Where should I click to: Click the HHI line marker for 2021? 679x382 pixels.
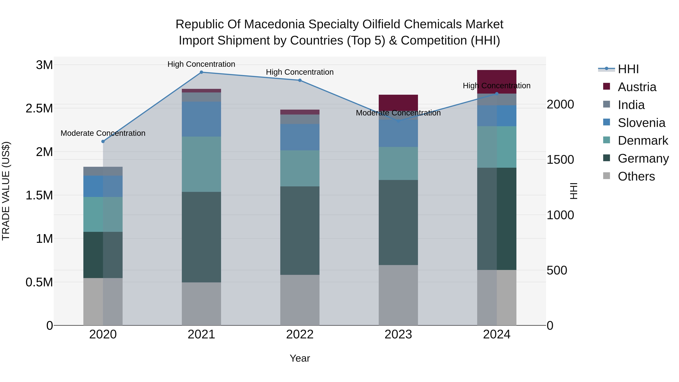coord(201,72)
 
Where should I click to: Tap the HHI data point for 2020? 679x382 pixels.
coord(103,141)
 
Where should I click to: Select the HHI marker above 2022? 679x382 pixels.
coord(300,80)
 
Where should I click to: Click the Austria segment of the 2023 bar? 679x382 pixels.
coord(398,103)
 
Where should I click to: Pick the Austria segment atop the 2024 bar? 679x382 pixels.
coord(497,79)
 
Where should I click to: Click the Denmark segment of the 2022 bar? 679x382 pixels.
coord(300,168)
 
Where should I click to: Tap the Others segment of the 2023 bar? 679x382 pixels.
coord(398,295)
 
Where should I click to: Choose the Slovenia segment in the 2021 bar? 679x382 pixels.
coord(201,119)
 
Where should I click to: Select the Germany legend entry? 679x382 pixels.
coord(643,158)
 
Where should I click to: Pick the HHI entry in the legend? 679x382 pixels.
coord(628,69)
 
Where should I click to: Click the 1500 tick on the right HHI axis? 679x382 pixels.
coord(560,160)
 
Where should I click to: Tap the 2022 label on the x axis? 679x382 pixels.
coord(300,334)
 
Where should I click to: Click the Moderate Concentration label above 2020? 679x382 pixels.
coord(103,133)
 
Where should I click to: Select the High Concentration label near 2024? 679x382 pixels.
coord(497,86)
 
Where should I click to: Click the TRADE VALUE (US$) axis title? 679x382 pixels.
coord(6,191)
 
